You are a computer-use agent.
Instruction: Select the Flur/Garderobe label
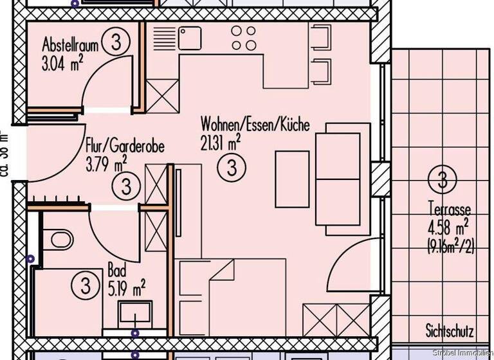(125, 147)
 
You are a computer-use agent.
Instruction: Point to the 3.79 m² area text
(107, 164)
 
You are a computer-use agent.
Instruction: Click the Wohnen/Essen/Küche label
(255, 123)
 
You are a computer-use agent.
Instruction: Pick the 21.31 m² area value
(221, 142)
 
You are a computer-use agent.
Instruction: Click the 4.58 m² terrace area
(448, 227)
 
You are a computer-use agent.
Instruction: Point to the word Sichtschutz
(449, 332)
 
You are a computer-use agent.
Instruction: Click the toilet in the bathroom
(60, 239)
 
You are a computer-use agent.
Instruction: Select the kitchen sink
(190, 39)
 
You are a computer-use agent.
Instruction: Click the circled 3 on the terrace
(442, 179)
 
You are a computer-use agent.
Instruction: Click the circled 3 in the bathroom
(84, 283)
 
